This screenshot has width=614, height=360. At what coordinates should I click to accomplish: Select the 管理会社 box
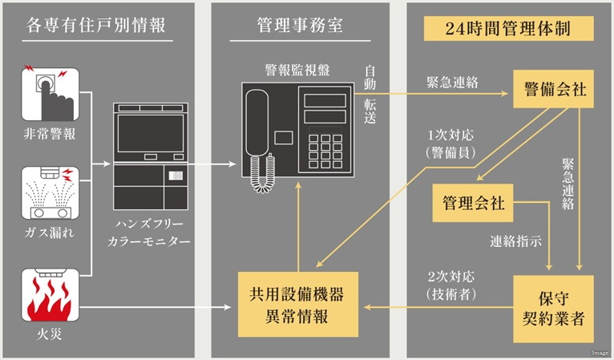474,203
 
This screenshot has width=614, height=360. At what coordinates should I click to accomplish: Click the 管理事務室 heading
300,25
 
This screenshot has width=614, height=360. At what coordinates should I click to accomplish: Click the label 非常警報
49,134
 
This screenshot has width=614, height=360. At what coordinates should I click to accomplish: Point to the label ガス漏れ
49,233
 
